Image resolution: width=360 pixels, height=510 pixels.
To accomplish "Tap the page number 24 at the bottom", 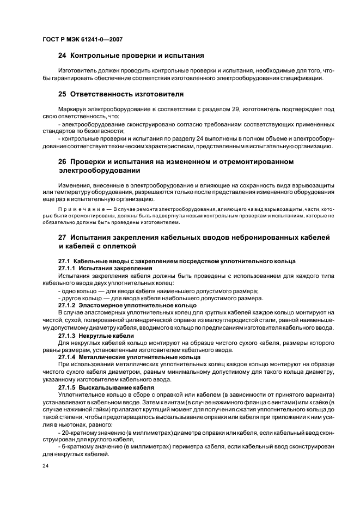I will pos(45,467).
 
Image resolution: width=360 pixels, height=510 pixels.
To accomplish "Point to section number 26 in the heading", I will pos(63,162).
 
